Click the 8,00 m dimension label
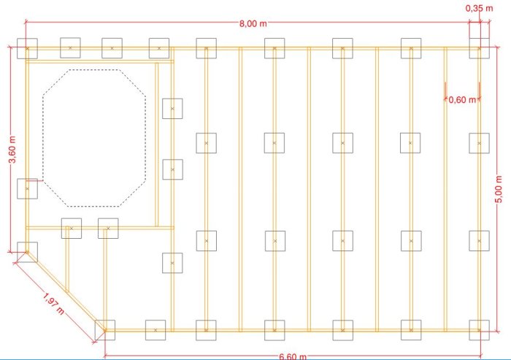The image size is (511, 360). tap(253, 23)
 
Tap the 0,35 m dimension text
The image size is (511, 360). tap(479, 9)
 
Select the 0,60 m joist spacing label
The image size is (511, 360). tap(462, 100)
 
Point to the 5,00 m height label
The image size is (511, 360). tap(499, 189)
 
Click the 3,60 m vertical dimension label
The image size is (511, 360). tap(12, 149)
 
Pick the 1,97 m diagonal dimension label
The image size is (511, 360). tap(54, 304)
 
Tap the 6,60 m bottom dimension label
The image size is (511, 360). tap(293, 356)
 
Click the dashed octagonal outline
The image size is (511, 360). tap(42, 137)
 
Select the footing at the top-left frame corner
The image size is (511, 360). tap(28, 49)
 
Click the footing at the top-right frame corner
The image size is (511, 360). tap(479, 48)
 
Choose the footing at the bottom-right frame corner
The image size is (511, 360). tap(479, 330)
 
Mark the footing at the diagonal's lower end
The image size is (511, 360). tap(105, 330)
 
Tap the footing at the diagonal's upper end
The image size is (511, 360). tap(28, 252)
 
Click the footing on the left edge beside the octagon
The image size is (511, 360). tap(28, 189)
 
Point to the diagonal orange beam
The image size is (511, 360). tap(66, 291)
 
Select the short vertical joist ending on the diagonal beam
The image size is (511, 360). tap(67, 259)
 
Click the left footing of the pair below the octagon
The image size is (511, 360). tap(72, 229)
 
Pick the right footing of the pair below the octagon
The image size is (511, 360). tap(108, 229)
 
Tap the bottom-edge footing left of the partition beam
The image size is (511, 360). tap(155, 330)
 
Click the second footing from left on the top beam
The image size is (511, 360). tap(70, 48)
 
